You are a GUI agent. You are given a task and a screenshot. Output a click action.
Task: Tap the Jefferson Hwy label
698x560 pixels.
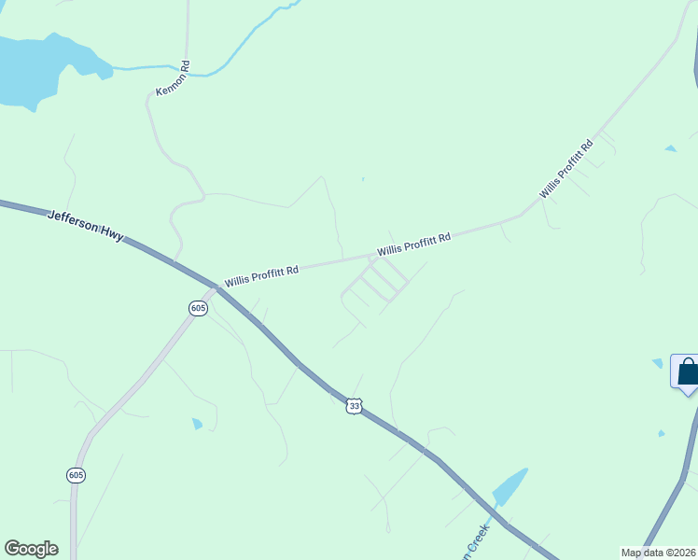pos(85,226)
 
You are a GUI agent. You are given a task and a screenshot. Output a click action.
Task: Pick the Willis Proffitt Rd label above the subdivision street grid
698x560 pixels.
pos(413,245)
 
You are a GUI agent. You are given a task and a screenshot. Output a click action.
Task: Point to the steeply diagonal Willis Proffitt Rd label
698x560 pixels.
pos(566,169)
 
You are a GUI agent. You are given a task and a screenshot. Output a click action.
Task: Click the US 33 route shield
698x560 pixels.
pos(353,405)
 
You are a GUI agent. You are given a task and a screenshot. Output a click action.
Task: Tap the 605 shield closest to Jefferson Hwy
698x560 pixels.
pos(197,308)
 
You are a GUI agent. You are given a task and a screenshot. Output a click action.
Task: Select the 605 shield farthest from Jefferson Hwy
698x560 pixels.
pos(77,475)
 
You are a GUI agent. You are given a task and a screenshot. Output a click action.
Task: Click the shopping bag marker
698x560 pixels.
pos(687,371)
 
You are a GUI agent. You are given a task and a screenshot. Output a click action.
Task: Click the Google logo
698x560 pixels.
pos(31,549)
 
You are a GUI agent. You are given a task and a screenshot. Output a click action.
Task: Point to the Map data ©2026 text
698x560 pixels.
pos(657,553)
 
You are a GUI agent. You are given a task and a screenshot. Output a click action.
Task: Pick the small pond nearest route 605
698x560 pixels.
pos(197,424)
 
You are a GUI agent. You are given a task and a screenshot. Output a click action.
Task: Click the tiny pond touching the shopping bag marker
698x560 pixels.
pos(658,363)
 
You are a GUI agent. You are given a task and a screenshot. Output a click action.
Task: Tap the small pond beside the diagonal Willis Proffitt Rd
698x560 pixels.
pos(670,148)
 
